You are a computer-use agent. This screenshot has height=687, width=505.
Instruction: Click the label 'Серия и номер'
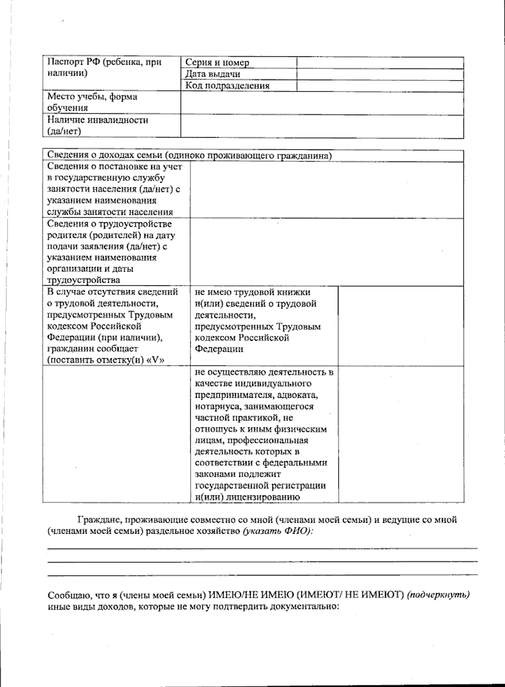[x=217, y=63]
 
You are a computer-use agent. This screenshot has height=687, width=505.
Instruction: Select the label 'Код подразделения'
[x=228, y=86]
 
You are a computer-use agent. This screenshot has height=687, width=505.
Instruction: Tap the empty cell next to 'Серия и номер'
[x=380, y=63]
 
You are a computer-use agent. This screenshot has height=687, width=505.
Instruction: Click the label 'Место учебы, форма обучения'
[x=92, y=102]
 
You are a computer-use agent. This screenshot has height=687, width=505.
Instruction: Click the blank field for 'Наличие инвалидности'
[x=322, y=126]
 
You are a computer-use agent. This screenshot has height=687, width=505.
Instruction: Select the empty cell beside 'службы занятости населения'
[x=327, y=189]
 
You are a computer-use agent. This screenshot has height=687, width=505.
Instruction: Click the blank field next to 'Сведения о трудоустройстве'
[x=327, y=252]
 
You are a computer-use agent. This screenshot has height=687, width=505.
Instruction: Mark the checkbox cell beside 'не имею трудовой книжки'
[x=401, y=326]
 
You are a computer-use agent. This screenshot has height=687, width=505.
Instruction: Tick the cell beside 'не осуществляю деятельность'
[x=401, y=434]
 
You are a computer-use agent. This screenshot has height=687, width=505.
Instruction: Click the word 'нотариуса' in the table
[x=213, y=407]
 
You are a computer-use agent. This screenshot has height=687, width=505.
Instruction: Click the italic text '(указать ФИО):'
[x=278, y=531]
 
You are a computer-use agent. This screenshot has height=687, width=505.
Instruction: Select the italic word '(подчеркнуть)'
[x=438, y=595]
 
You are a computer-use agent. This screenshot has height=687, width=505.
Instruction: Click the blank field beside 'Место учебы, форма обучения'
[x=322, y=103]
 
